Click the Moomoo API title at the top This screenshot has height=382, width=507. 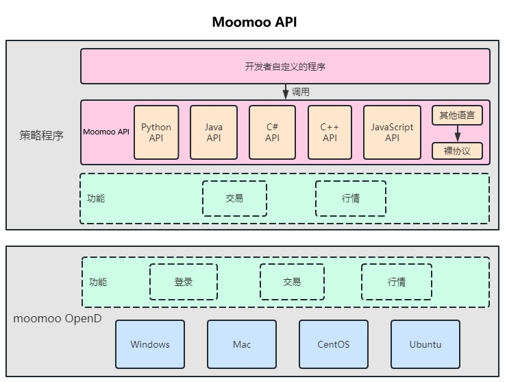coord(254,22)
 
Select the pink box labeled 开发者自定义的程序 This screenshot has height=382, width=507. coord(285,67)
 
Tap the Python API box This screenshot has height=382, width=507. coord(156,132)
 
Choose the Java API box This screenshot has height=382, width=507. coord(214,132)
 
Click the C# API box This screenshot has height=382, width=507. coord(272,132)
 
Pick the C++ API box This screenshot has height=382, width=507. coord(330,132)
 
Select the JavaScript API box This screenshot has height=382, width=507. coord(392,132)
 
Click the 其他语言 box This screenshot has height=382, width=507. coord(457,115)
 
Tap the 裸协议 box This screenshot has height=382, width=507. coord(457,151)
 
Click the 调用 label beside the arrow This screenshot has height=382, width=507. coord(301,92)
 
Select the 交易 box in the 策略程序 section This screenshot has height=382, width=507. coord(234,198)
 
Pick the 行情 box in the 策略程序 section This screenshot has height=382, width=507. coord(350,198)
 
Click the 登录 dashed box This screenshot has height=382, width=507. coord(184,282)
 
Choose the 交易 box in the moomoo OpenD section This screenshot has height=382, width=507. coord(292,282)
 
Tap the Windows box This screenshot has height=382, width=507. coord(150,344)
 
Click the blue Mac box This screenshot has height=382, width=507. coord(242,344)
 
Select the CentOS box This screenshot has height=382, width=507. coord(334,344)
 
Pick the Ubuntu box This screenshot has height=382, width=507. coord(425,344)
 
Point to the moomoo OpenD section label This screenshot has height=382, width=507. coord(58,319)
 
